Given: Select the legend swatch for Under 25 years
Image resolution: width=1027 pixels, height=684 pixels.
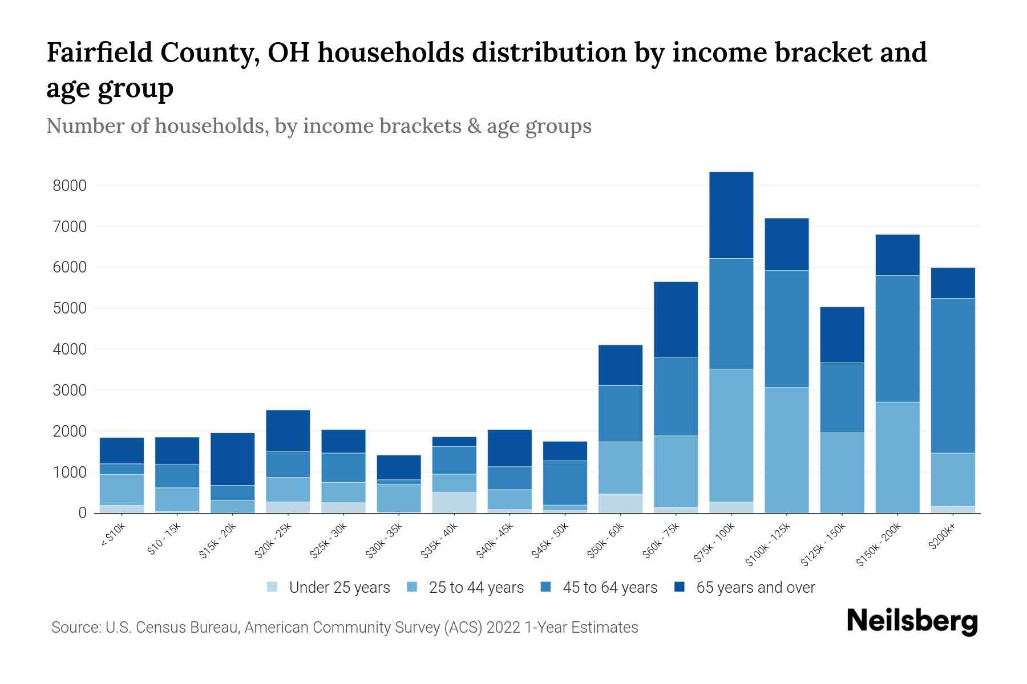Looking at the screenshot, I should [x=273, y=587].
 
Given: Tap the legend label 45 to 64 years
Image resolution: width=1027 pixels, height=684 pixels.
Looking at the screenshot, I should [x=610, y=588].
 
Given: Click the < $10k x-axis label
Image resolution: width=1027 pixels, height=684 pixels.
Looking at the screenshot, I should [x=113, y=535].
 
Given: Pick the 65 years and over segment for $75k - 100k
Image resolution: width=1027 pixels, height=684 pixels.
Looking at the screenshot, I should [x=731, y=215].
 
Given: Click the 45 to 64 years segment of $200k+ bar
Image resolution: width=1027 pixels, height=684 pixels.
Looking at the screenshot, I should [x=952, y=376].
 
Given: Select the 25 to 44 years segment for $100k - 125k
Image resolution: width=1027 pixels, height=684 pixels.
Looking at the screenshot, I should [x=786, y=450].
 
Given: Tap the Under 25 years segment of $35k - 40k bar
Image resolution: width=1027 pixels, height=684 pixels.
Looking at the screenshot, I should [x=454, y=502].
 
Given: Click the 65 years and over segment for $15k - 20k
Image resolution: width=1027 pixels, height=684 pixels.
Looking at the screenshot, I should [x=232, y=459].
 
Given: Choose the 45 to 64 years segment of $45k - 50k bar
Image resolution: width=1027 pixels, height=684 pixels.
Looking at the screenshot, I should [x=564, y=483].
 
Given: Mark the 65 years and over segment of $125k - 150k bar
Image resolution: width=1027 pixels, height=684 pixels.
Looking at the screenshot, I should [x=842, y=335].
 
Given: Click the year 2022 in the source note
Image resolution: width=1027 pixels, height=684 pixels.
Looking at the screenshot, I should [x=503, y=628].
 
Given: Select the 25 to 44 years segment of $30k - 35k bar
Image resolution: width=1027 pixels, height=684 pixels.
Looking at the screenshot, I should [x=398, y=498].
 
